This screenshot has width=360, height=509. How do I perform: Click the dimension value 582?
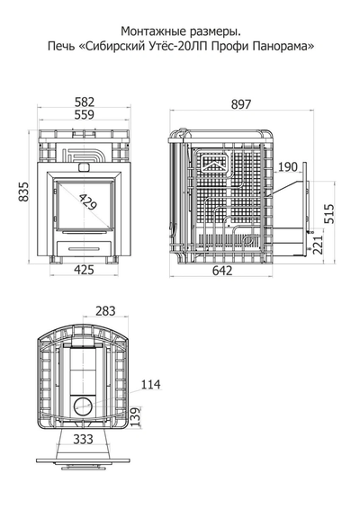pos(85,102)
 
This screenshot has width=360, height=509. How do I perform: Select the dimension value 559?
pos(85,114)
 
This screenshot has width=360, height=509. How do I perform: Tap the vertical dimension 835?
pos(23,192)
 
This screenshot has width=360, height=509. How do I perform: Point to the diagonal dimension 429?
pos(88,202)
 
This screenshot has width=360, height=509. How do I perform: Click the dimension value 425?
pos(85,270)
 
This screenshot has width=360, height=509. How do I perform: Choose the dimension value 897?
pos(241,104)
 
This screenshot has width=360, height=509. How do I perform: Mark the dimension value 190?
pos(287,167)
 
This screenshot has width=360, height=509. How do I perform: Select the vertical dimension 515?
pos(329,214)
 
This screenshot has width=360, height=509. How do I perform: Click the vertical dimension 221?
pos(318,245)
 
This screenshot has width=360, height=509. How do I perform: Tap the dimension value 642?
pos(222,271)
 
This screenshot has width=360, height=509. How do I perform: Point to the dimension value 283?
pos(105,311)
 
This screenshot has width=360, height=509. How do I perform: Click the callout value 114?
pos(151,384)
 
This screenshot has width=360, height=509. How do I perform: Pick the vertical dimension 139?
pos(136,416)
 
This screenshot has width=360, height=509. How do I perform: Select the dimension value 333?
pos(83,439)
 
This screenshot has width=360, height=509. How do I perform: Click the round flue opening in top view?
pos(83,406)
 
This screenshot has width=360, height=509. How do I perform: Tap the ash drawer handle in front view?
pos(85,248)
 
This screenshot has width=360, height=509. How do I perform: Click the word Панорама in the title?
pos(283,47)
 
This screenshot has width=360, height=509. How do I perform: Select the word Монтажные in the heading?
pos(150,31)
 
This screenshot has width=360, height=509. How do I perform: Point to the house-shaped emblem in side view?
pos(214,164)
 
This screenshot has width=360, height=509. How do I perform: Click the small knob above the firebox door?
pos(85,166)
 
